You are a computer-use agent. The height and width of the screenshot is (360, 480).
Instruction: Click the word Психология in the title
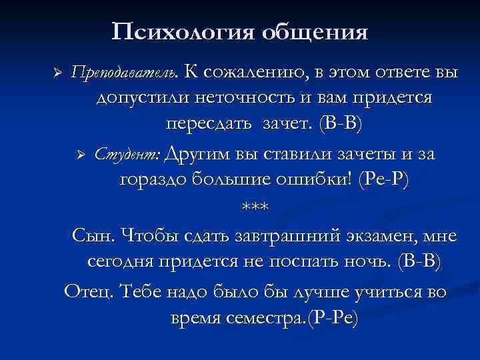pyautogui.click(x=181, y=31)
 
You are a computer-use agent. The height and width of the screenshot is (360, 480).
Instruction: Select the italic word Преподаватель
pyautogui.click(x=125, y=71)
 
